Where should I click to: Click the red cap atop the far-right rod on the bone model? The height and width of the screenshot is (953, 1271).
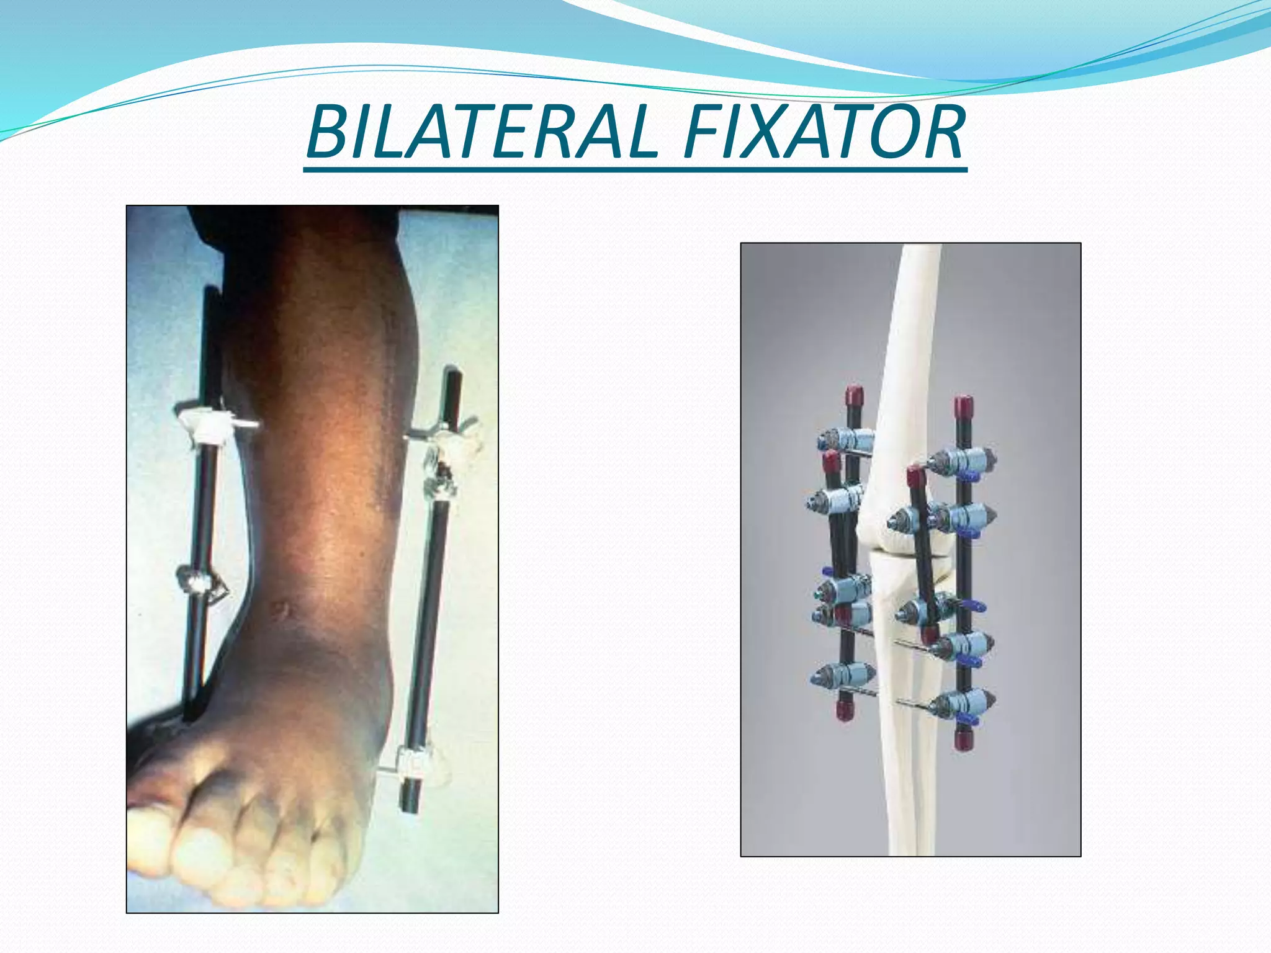point(964,406)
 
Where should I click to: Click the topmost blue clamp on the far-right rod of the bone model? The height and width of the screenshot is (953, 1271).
point(963,462)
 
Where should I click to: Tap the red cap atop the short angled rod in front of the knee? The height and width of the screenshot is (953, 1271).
point(915,476)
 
